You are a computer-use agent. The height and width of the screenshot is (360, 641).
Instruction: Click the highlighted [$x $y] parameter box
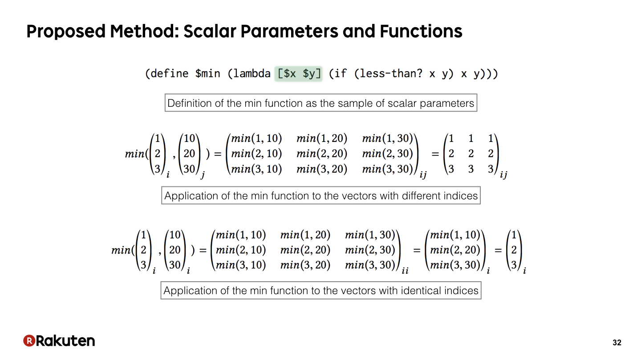(x=298, y=74)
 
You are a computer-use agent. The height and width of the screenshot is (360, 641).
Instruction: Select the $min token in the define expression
(x=207, y=73)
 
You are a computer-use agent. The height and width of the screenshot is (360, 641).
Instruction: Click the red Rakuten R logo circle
(x=29, y=340)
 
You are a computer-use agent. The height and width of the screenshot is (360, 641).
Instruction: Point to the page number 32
(x=617, y=343)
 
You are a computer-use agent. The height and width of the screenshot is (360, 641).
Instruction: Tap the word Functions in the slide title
(x=421, y=31)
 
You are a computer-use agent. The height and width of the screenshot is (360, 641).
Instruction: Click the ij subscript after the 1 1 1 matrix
(x=503, y=174)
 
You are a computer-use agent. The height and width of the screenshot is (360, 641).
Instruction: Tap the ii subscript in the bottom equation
(x=405, y=271)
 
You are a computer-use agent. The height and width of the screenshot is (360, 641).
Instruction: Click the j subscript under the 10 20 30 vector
(x=203, y=174)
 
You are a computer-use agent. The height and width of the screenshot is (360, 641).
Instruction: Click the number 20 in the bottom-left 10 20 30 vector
(x=174, y=250)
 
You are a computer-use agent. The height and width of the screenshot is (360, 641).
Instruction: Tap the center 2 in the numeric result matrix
(x=471, y=154)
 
